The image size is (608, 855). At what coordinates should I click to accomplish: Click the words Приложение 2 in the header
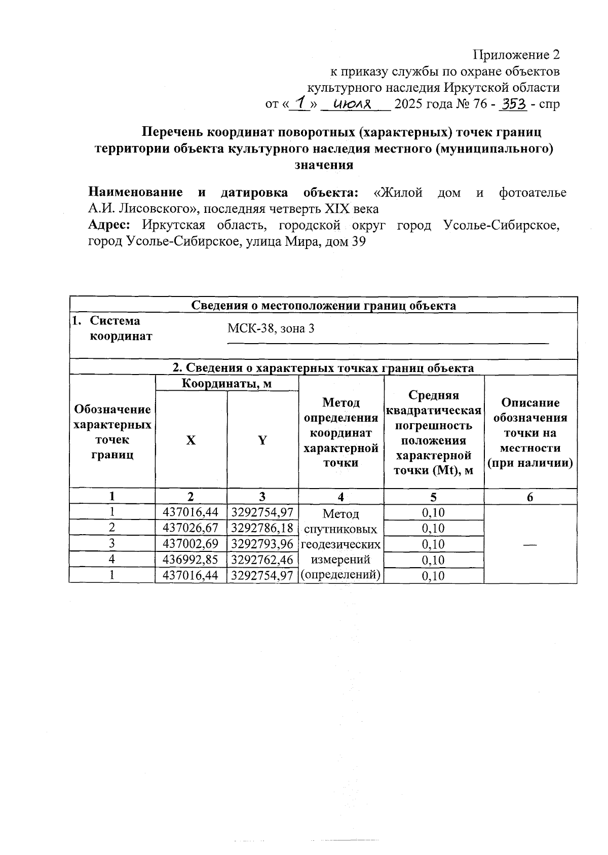(516, 54)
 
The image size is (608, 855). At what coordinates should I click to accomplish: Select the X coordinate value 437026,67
(191, 528)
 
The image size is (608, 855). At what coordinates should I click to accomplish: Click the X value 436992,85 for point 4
(191, 560)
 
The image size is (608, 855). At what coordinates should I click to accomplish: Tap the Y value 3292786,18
(262, 528)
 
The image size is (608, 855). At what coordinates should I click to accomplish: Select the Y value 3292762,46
(262, 560)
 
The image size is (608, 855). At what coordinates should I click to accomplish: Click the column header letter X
(191, 440)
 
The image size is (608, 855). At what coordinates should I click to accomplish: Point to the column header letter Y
(262, 440)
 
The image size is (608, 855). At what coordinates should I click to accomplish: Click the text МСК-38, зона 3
(271, 328)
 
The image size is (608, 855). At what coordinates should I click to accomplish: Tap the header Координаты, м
(226, 384)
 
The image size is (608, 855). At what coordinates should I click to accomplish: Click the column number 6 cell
(530, 497)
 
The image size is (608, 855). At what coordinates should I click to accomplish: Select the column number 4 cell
(341, 497)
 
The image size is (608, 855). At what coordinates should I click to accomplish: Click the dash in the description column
(530, 544)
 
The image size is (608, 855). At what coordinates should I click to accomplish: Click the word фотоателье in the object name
(533, 193)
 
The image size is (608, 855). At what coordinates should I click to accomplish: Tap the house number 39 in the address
(358, 241)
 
